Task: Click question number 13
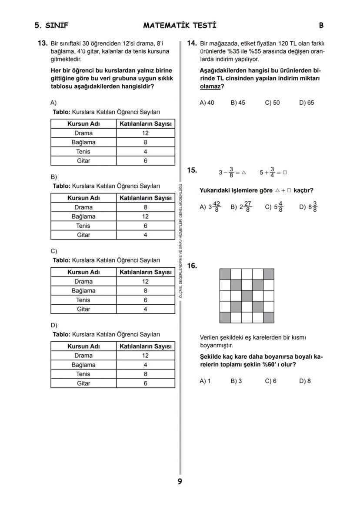point(42,43)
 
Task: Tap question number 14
point(192,43)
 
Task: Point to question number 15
point(192,170)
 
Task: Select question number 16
point(192,266)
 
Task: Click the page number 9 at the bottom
point(180,481)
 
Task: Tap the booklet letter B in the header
point(321,25)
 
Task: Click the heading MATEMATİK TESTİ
point(180,25)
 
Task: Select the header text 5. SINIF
point(51,25)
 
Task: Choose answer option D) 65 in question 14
point(306,103)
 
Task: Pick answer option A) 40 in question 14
point(207,103)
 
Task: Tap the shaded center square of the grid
point(247,296)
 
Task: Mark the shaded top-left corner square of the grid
point(225,274)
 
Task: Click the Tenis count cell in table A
point(145,152)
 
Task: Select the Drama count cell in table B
point(145,207)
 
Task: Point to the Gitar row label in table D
point(83,383)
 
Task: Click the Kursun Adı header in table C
point(83,272)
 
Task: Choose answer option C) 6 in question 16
point(270,381)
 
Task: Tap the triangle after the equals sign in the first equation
point(243,173)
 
